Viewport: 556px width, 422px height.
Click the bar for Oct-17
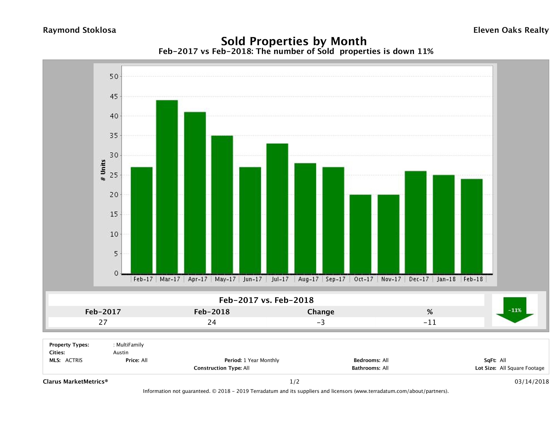coord(360,234)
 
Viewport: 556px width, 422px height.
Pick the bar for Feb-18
coord(472,226)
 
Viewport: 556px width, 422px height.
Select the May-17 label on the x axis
coord(225,279)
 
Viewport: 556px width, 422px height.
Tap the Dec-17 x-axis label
coord(419,279)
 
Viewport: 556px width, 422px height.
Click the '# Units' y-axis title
coord(103,170)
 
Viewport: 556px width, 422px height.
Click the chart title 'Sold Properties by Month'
coord(294,41)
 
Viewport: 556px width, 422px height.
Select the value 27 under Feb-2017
coord(103,322)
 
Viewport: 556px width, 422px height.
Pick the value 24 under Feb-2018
coord(212,322)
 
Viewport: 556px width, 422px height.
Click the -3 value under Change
coord(321,322)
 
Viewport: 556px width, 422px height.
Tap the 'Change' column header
coord(321,312)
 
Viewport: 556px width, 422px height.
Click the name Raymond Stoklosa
coord(79,30)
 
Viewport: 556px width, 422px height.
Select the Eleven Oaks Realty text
coord(511,30)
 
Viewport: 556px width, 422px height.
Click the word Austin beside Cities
coord(121,353)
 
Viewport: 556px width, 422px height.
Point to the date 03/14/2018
coord(532,382)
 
